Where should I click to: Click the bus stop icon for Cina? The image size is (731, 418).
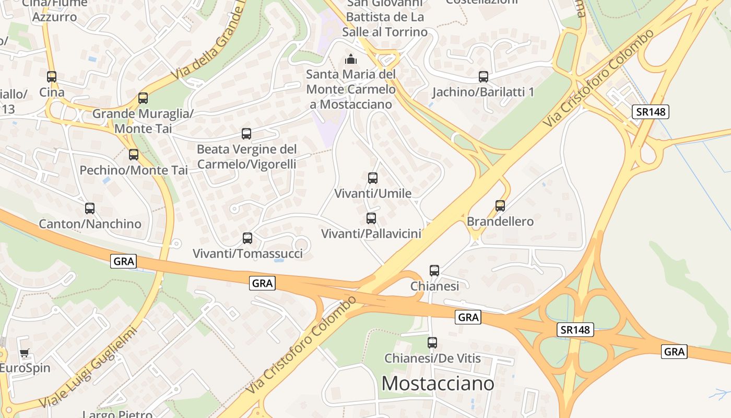(x=51, y=77)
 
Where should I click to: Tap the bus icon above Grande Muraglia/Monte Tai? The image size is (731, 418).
(x=143, y=98)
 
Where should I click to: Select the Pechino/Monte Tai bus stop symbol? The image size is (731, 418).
(x=134, y=155)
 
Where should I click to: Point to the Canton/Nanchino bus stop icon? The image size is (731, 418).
(x=90, y=208)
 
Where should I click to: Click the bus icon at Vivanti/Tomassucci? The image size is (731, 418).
(x=247, y=238)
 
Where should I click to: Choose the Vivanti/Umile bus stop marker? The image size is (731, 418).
(x=373, y=178)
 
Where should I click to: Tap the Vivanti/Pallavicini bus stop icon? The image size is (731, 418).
(x=371, y=218)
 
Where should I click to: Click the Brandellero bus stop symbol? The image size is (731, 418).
(x=500, y=206)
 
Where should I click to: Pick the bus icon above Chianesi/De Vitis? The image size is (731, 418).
(x=432, y=343)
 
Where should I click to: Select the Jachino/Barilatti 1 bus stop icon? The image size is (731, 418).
(x=484, y=77)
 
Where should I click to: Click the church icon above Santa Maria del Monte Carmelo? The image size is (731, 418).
(x=351, y=59)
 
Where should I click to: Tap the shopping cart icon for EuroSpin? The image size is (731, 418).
(x=25, y=354)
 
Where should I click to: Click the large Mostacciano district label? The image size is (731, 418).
(x=438, y=384)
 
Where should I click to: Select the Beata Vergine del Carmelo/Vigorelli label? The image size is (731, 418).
(x=246, y=157)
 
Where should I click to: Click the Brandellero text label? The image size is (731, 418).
(x=500, y=222)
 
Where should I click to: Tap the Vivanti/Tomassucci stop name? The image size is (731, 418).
(x=247, y=254)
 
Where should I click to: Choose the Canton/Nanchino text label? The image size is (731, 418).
(x=90, y=224)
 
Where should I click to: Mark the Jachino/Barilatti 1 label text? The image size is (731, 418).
(x=484, y=92)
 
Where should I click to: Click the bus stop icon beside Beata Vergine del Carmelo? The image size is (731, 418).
(x=246, y=134)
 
